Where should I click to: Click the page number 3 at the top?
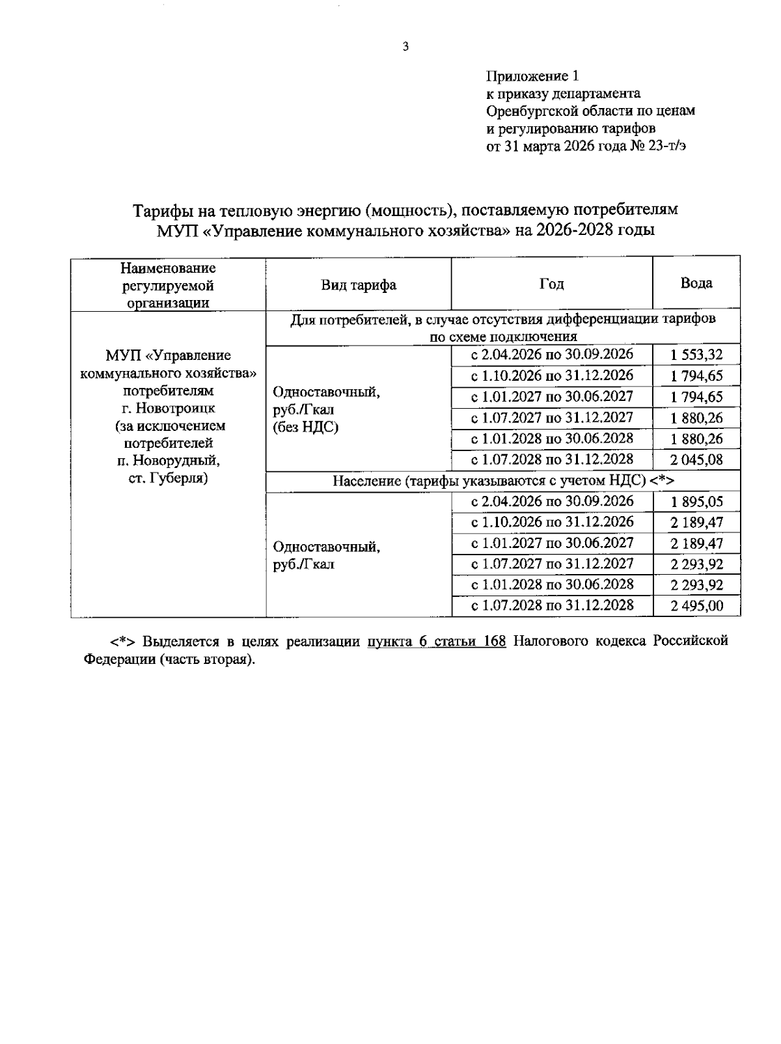405,46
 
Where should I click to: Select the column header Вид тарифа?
359,285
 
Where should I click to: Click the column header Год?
551,284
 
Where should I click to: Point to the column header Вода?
696,283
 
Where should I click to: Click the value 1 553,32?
696,355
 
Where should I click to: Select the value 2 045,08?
696,460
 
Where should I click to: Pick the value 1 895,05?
696,502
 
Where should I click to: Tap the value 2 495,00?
696,607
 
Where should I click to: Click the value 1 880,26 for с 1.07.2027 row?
696,419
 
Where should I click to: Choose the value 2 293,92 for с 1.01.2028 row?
696,585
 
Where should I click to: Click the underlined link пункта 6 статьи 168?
436,642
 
